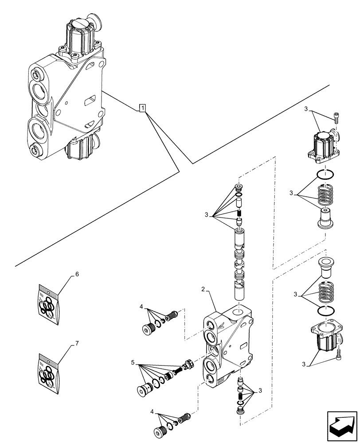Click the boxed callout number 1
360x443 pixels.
pyautogui.click(x=142, y=108)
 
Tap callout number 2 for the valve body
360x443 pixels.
pyautogui.click(x=203, y=289)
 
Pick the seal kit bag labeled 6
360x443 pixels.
pyautogui.click(x=48, y=303)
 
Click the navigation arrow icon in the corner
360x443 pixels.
pyautogui.click(x=342, y=425)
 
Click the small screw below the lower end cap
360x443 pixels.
pyautogui.click(x=339, y=353)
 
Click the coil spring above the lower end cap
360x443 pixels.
pyautogui.click(x=327, y=292)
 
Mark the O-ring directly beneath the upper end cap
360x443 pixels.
pyautogui.click(x=326, y=175)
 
